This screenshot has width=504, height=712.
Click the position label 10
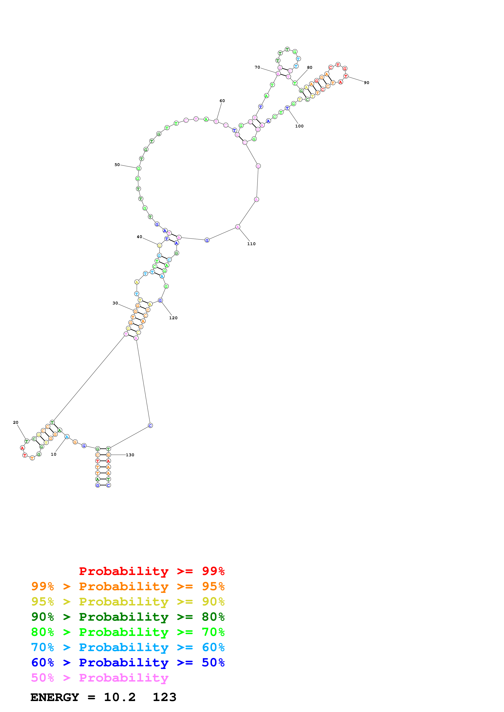click(x=53, y=454)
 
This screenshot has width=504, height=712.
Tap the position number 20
click(x=15, y=422)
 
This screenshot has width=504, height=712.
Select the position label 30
click(x=115, y=303)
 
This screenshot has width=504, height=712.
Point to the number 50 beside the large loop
click(x=117, y=165)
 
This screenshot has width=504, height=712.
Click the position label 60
click(x=222, y=101)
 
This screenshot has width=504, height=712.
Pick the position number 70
click(x=257, y=67)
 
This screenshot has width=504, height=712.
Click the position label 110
click(x=251, y=244)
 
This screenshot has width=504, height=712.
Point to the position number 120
click(x=173, y=318)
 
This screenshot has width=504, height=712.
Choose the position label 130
click(x=130, y=455)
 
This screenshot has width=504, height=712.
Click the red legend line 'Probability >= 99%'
click(x=151, y=571)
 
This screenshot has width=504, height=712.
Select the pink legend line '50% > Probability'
click(x=100, y=678)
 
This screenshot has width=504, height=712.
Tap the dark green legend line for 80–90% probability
click(x=128, y=617)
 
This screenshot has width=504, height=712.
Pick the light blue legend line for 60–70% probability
click(x=128, y=647)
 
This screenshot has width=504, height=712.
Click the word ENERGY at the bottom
click(x=55, y=697)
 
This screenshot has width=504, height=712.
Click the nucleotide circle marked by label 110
click(x=237, y=227)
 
